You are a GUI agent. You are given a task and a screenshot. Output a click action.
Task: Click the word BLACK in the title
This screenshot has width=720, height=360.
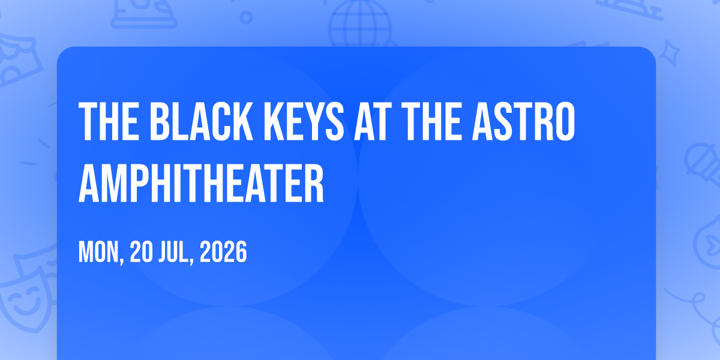coord(202,121)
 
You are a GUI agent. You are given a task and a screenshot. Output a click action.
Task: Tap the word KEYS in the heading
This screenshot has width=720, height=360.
coord(304,121)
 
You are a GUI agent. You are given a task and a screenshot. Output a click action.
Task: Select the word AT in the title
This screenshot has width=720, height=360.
coord(373,121)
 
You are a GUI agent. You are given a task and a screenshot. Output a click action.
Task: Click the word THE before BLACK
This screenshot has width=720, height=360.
coord(109,121)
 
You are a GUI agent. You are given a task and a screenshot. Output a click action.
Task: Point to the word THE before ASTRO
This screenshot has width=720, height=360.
coord(431,121)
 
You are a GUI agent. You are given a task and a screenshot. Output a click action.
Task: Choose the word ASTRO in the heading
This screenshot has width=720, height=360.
coord(524,121)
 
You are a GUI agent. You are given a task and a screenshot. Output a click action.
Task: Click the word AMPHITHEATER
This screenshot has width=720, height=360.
coord(201,183)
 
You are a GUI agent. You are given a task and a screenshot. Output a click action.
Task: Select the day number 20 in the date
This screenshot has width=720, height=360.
coord(142,253)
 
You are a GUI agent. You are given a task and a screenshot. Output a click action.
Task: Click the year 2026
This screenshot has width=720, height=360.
coord(223,253)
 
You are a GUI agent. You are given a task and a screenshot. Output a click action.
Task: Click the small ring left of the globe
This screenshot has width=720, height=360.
coord(246,17)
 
